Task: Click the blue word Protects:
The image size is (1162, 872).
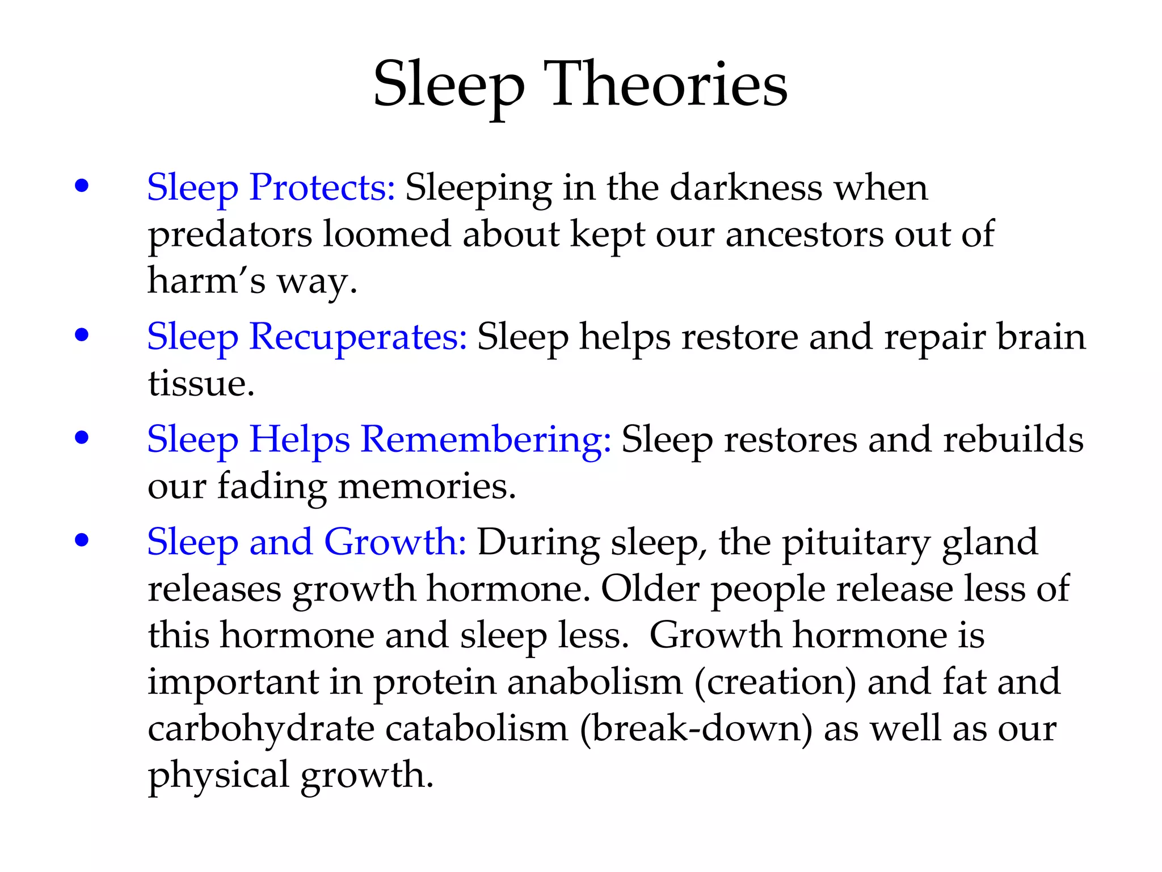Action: click(x=322, y=187)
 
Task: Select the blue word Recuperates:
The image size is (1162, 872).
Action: click(x=357, y=337)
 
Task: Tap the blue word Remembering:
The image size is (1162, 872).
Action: click(x=486, y=439)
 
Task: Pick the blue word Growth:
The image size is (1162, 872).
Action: click(x=395, y=542)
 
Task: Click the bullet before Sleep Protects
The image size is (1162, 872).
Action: click(x=82, y=186)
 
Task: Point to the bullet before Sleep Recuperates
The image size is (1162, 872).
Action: click(x=82, y=335)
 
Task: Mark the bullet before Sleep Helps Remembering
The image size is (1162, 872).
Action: click(x=82, y=438)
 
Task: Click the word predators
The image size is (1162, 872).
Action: click(x=230, y=235)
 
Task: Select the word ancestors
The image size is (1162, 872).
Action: click(x=804, y=234)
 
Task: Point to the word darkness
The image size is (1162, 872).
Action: click(x=746, y=187)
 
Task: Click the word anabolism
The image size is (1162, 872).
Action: click(x=595, y=682)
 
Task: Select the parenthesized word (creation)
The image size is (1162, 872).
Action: click(x=775, y=682)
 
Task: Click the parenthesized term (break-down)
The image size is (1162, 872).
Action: click(x=696, y=728)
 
